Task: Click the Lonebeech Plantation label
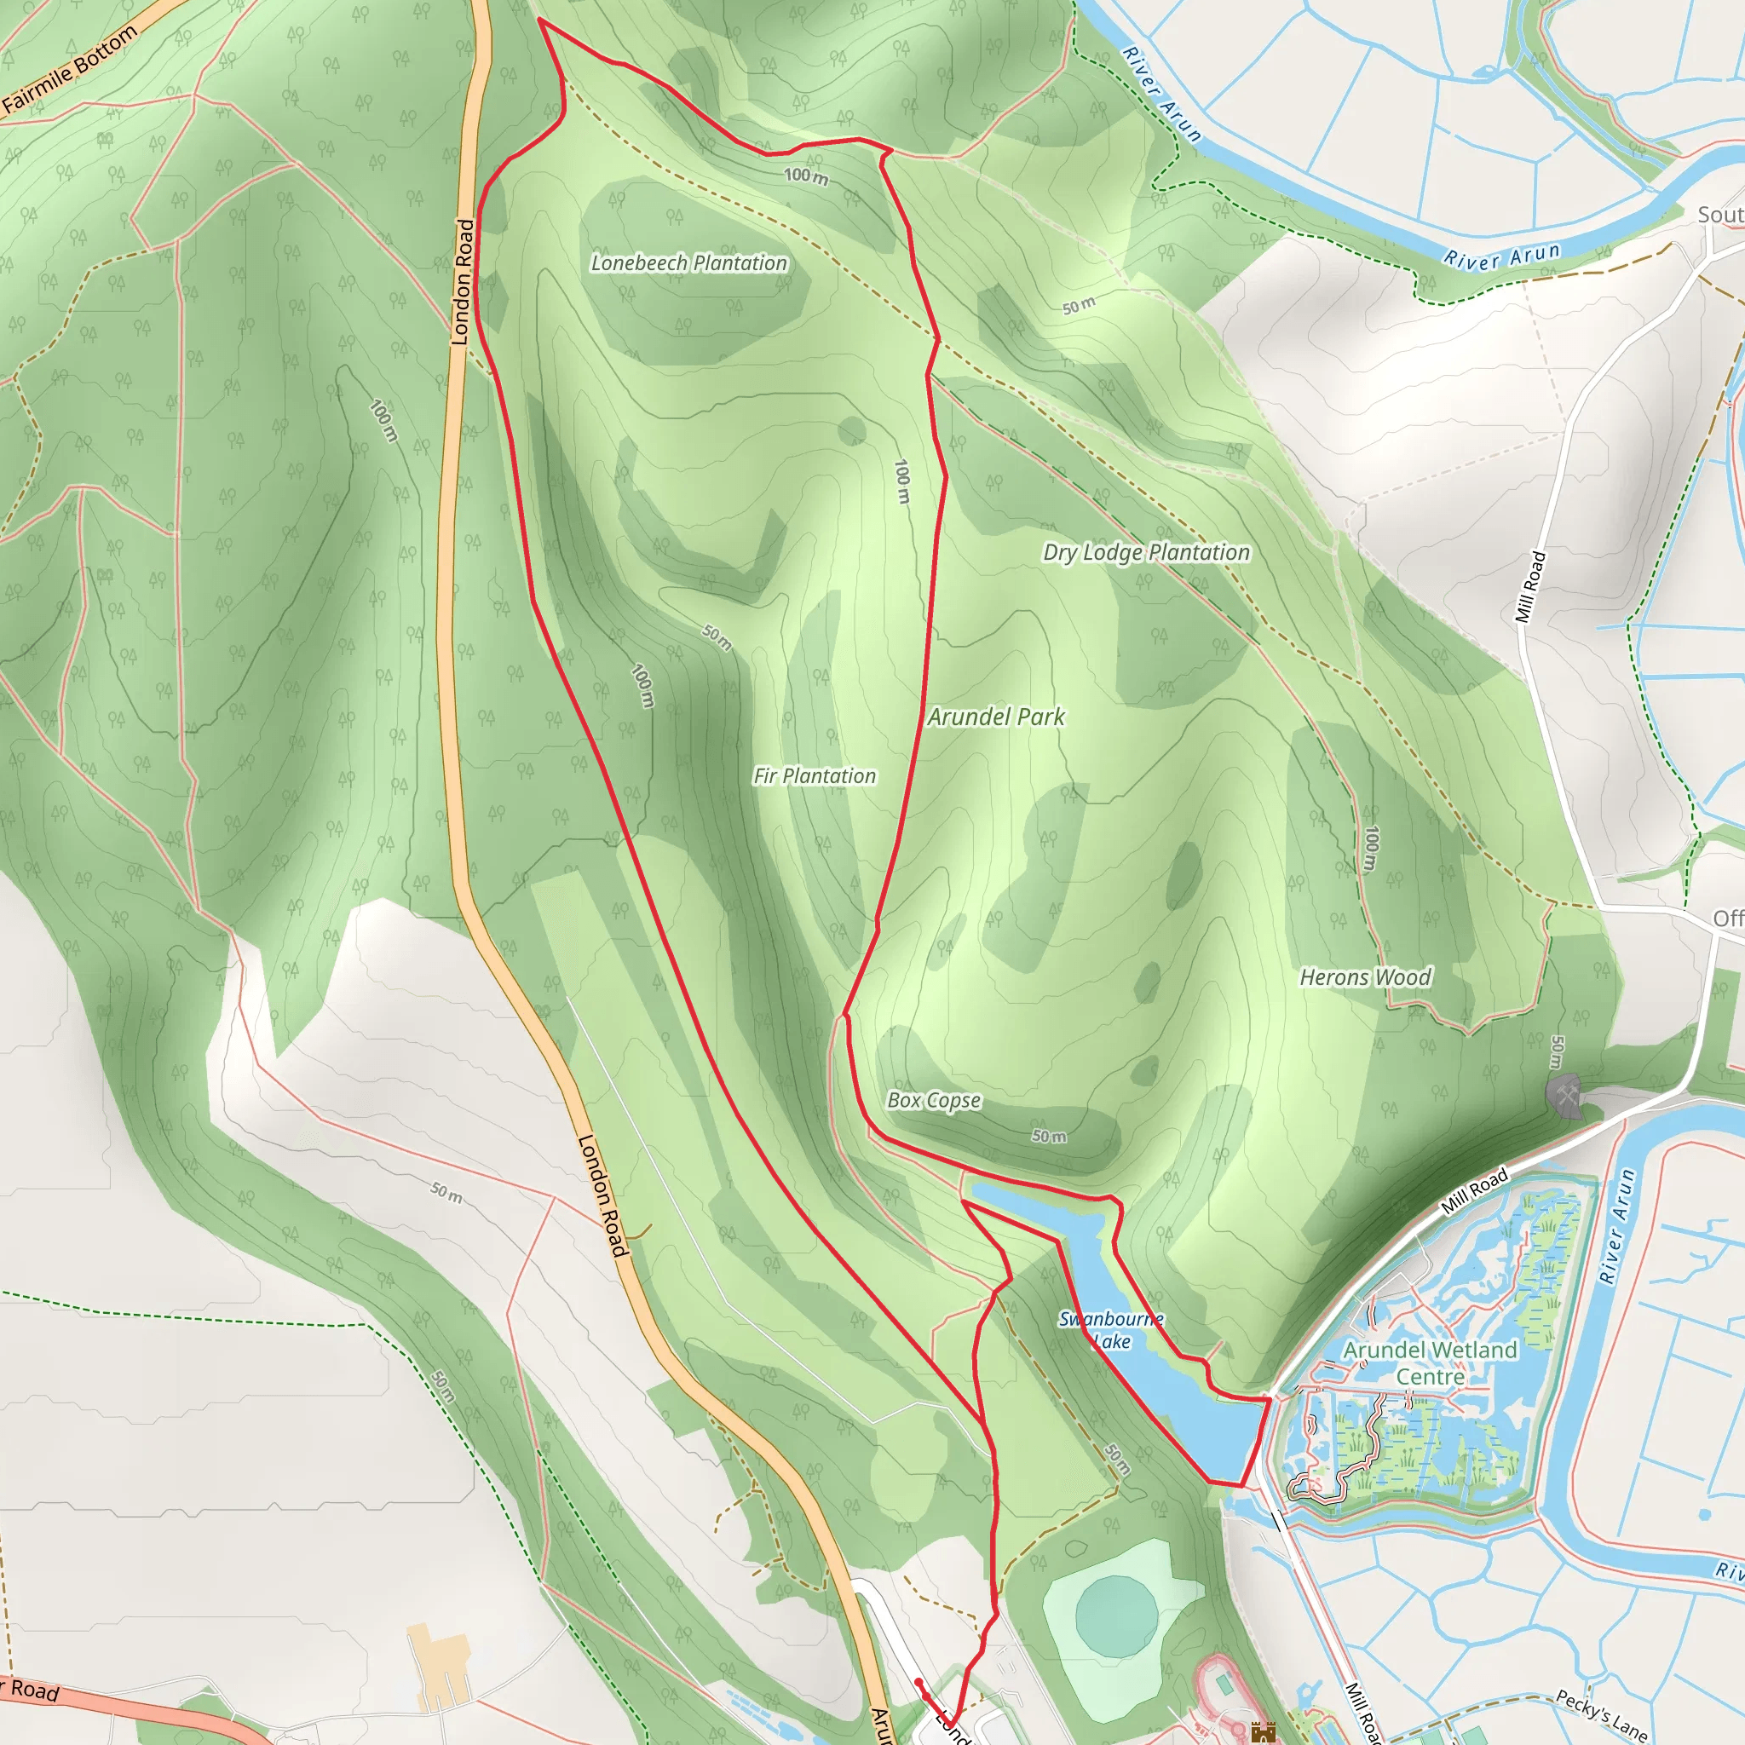pos(688,262)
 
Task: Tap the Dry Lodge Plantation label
pos(1146,552)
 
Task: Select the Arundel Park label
pos(996,717)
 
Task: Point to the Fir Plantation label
pos(815,776)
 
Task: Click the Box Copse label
pos(934,1099)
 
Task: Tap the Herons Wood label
pos(1365,976)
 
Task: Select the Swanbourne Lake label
pos(1111,1329)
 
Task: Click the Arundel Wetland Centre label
pos(1430,1363)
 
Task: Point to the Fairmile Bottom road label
pos(70,69)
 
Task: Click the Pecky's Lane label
pos(1600,1715)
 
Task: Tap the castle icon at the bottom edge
pos(1263,1732)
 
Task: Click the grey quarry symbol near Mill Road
pos(1564,1096)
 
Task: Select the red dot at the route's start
pos(919,1682)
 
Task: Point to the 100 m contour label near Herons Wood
pos(1371,849)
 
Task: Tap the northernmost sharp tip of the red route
pos(539,19)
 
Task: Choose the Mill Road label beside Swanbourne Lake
pos(1474,1190)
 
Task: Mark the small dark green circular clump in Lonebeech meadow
pos(851,431)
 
